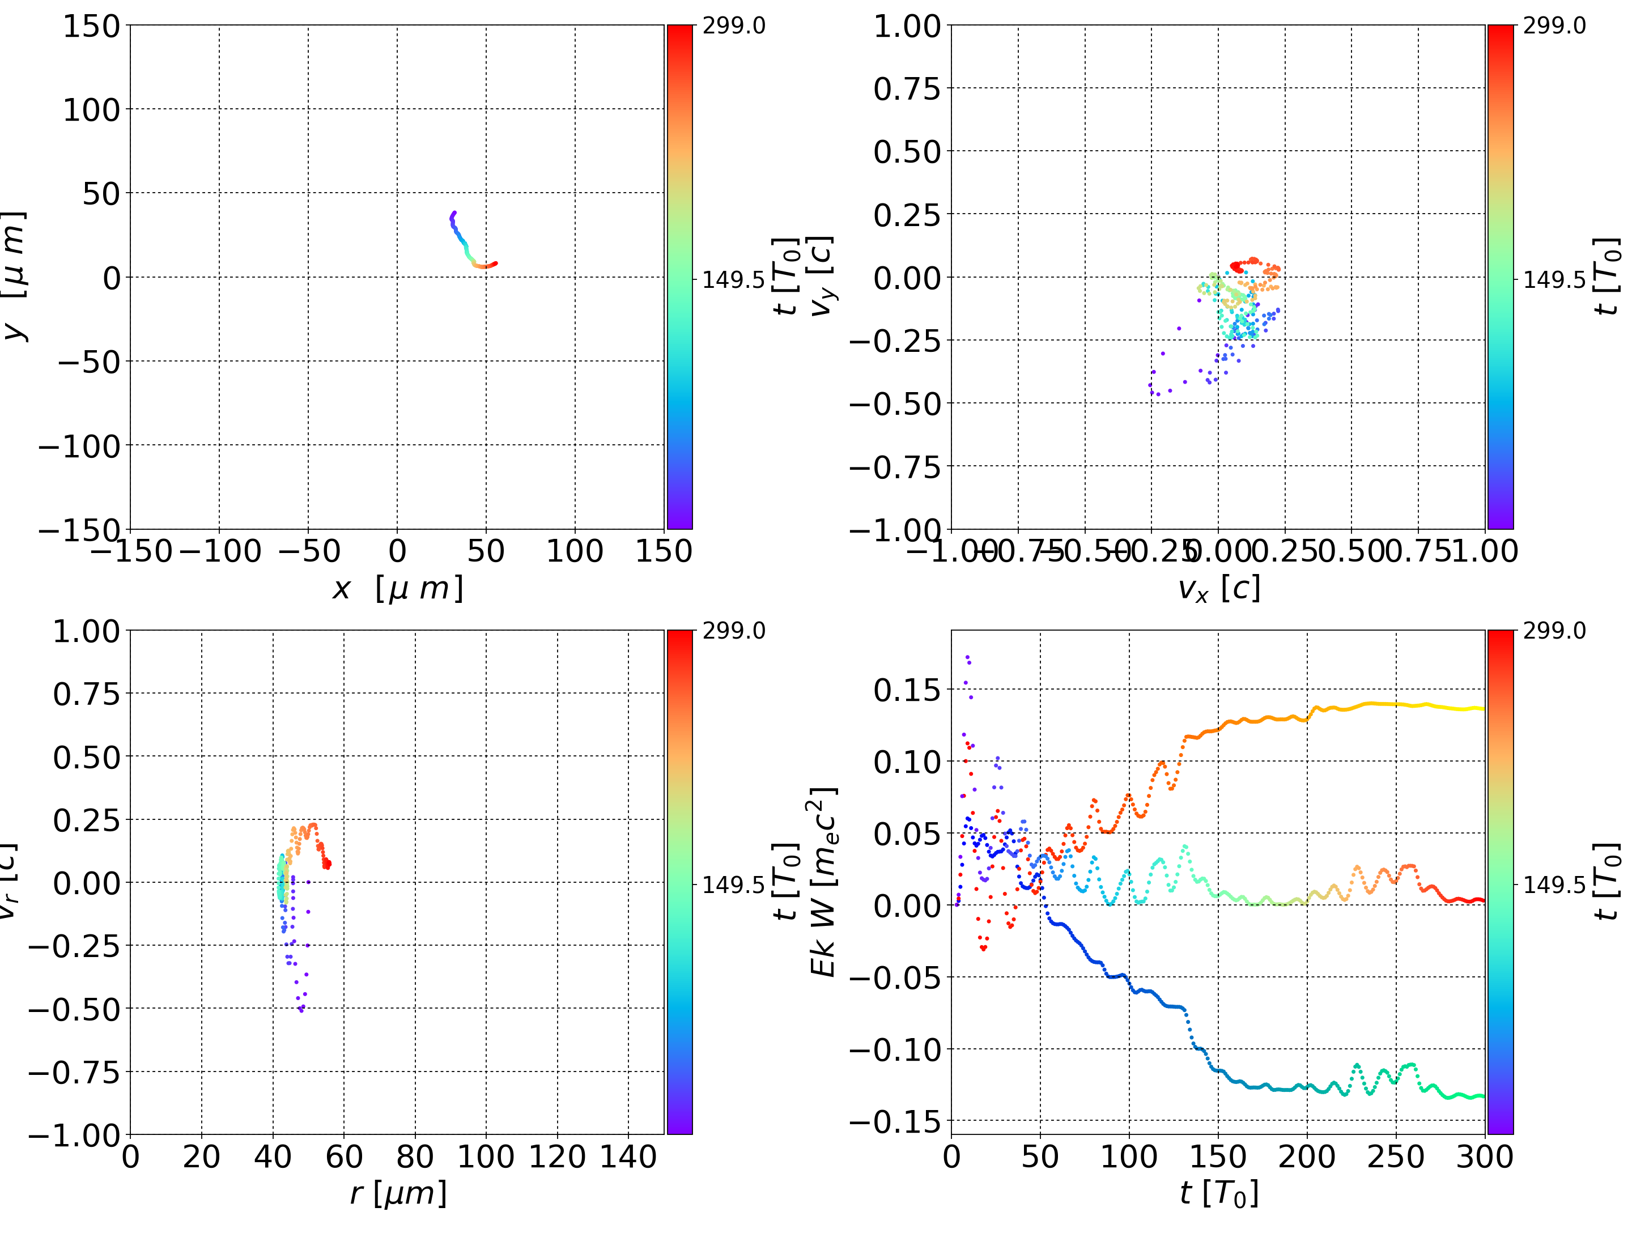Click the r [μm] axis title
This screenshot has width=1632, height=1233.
click(398, 1193)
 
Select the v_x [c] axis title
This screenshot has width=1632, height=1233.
click(1219, 589)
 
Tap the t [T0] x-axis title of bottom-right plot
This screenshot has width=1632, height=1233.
click(1219, 1193)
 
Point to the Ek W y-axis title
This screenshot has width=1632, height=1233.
click(823, 882)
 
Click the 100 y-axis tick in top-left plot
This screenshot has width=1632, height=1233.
click(91, 110)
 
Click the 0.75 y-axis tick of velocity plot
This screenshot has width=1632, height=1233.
click(907, 88)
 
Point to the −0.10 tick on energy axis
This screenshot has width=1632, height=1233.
click(895, 1049)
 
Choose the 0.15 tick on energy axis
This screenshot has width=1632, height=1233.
click(907, 691)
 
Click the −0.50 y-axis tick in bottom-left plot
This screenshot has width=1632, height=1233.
click(74, 1009)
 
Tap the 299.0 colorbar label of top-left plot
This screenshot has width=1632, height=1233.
click(733, 27)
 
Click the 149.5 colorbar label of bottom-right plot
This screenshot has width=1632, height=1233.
click(1554, 884)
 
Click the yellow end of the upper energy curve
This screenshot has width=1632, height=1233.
click(1481, 709)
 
